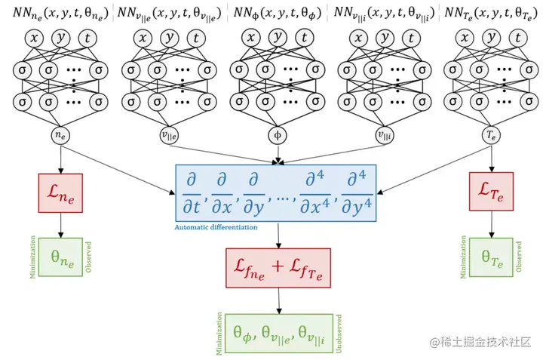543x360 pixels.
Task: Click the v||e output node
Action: [x=169, y=136]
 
